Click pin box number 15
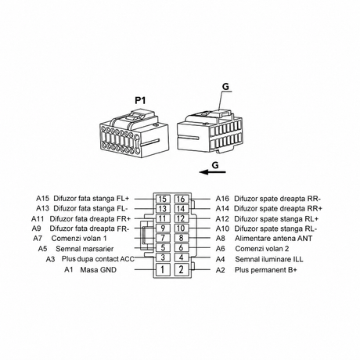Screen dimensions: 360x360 pyautogui.click(x=163, y=199)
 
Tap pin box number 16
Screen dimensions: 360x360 pyautogui.click(x=181, y=199)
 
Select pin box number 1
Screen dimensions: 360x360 pyautogui.click(x=163, y=269)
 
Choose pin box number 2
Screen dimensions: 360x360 pyautogui.click(x=181, y=269)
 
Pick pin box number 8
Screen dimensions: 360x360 pyautogui.click(x=181, y=238)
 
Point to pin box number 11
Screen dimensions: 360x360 pyautogui.click(x=163, y=218)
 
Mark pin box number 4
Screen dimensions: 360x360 pyautogui.click(x=181, y=257)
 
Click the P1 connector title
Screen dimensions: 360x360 pyautogui.click(x=140, y=100)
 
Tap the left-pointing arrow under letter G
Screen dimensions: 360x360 pyautogui.click(x=212, y=172)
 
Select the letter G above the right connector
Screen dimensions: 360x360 pyautogui.click(x=226, y=87)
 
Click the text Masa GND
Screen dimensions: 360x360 pyautogui.click(x=98, y=270)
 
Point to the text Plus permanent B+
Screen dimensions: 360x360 pyautogui.click(x=266, y=270)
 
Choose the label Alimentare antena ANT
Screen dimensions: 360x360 pyautogui.click(x=273, y=238)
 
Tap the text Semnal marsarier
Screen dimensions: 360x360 pyautogui.click(x=85, y=249)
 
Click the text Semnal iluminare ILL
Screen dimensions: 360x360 pyautogui.click(x=269, y=259)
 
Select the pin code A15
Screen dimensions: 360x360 pyautogui.click(x=42, y=198)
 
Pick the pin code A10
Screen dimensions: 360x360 pyautogui.click(x=222, y=229)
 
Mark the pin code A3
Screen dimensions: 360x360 pyautogui.click(x=50, y=259)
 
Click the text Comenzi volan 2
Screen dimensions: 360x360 pyautogui.click(x=262, y=249)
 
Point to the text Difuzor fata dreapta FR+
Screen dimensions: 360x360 pyautogui.click(x=90, y=218)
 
